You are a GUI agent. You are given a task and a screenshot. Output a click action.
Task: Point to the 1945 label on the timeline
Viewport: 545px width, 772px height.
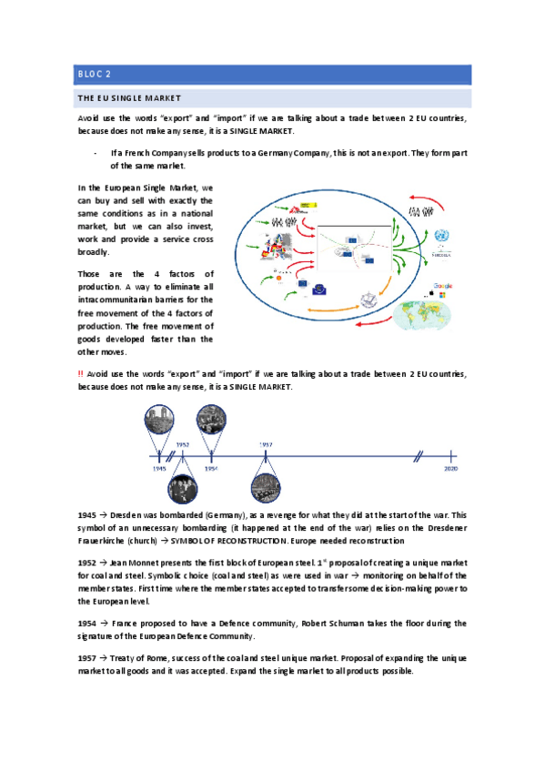(x=160, y=468)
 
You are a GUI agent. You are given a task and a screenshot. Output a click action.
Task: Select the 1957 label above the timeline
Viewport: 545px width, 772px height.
(x=265, y=443)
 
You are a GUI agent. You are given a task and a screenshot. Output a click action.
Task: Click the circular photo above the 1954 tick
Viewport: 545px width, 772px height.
(x=213, y=420)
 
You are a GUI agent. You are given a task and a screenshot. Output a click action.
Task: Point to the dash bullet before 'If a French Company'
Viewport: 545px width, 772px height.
(x=96, y=153)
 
